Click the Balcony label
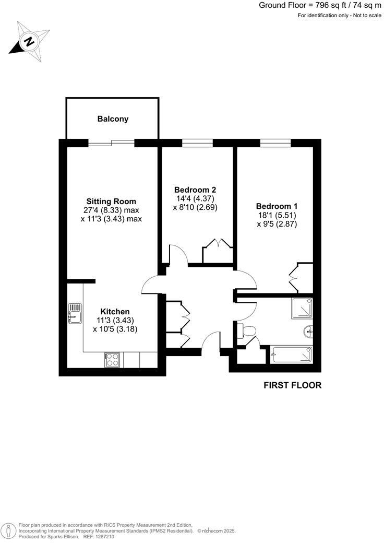pos(113,119)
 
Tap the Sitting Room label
pos(111,201)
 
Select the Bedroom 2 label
pos(195,190)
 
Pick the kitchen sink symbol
pos(75,313)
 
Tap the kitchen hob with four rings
pos(113,359)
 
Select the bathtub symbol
pos(291,355)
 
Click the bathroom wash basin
pos(308,330)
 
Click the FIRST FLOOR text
pos(292,386)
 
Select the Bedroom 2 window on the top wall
pos(197,143)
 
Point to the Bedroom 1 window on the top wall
pos(275,143)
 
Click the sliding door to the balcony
pos(111,142)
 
